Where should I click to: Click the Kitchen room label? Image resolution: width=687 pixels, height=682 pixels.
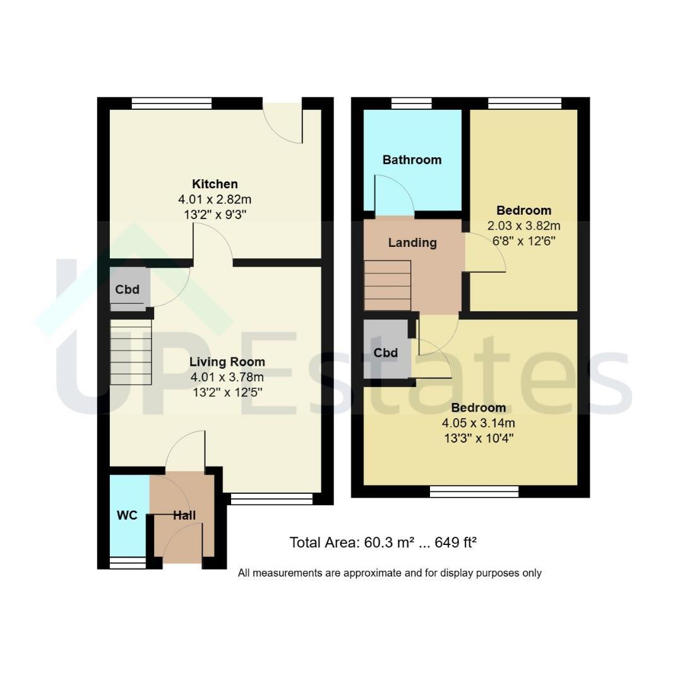pos(215,184)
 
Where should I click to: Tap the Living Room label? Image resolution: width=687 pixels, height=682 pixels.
pos(227,362)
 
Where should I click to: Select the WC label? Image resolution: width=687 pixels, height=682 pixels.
pos(127,515)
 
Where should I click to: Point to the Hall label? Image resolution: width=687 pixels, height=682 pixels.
pos(184,515)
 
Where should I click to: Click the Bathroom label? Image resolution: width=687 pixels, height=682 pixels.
pos(412,160)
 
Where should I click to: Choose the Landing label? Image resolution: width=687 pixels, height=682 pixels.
pos(412,242)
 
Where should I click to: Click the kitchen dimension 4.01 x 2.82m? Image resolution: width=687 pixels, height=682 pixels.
pos(215,200)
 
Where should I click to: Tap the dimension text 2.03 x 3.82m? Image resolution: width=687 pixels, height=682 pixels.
pos(523,225)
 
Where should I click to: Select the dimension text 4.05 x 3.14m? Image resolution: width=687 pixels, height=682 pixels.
pos(479,423)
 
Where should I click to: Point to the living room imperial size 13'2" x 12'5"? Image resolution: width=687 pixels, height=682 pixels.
pos(227,392)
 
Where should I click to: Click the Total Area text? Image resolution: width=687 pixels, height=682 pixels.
pos(383,542)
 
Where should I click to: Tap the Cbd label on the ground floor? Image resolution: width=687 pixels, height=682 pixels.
pos(127,289)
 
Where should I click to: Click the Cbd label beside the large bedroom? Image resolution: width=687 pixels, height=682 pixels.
pos(386,352)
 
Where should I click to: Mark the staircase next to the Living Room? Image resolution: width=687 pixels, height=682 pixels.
pos(131,352)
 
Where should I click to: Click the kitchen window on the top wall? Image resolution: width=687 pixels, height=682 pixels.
pos(172,104)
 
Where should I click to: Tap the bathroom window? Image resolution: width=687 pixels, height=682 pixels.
pos(411,104)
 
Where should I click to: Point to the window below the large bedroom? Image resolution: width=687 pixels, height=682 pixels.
pos(474,491)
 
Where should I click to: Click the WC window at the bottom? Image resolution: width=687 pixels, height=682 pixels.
pos(128,563)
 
